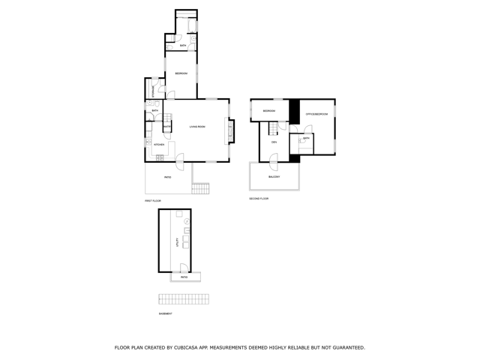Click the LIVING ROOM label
(x=197, y=126)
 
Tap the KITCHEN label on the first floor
(x=158, y=145)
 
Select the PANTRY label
(x=167, y=127)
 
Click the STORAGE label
(x=154, y=90)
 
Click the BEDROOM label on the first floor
(x=181, y=73)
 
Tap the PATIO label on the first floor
(x=167, y=177)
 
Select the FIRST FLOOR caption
(x=153, y=201)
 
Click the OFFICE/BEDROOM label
(x=316, y=114)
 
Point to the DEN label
(x=274, y=142)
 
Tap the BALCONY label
(x=274, y=177)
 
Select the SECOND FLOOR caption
(x=259, y=199)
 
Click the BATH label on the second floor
(x=306, y=139)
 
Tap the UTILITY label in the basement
(x=177, y=242)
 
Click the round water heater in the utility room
(x=187, y=222)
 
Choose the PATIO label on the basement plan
(x=184, y=277)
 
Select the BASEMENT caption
(x=165, y=314)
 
